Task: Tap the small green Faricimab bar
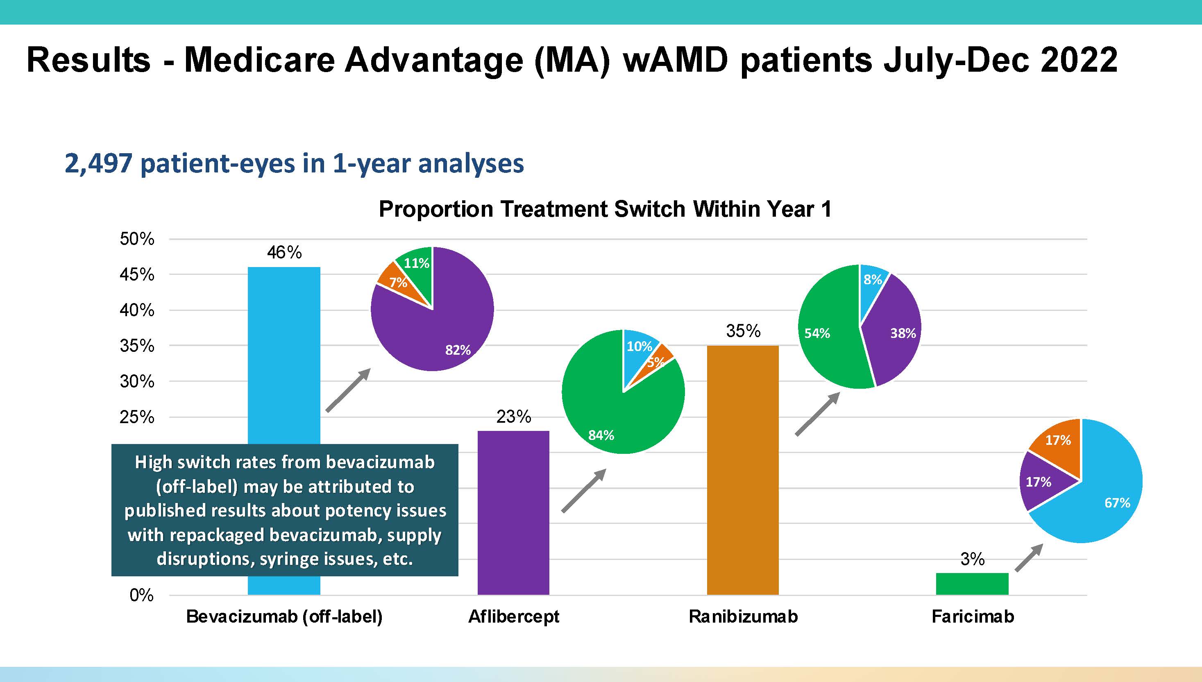[972, 584]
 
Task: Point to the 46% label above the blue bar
[284, 252]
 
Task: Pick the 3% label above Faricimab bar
[972, 559]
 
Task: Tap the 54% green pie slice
[827, 347]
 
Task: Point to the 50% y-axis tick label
[137, 239]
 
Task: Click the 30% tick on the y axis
[137, 381]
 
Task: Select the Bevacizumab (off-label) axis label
[284, 616]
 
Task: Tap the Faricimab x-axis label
[973, 616]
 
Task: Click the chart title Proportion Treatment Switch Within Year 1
[605, 209]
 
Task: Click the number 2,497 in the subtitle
[98, 163]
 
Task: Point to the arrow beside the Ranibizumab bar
[817, 414]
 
